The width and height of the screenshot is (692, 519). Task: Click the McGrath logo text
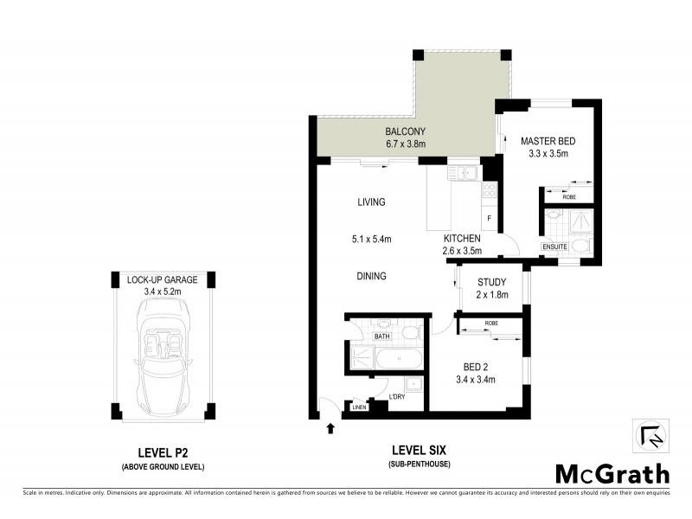click(x=612, y=473)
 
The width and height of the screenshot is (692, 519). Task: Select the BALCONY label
click(x=406, y=132)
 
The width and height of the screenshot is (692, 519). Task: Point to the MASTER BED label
click(x=548, y=141)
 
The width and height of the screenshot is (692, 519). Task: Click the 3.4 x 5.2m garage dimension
click(x=163, y=292)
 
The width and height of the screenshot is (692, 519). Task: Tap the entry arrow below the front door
click(x=329, y=426)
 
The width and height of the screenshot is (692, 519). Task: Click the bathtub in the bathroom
click(x=386, y=357)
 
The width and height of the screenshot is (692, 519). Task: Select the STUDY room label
click(x=490, y=281)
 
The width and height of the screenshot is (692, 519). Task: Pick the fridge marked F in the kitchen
click(x=490, y=218)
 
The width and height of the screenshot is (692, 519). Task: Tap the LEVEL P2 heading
click(x=163, y=452)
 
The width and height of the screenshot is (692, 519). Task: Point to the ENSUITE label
click(x=554, y=247)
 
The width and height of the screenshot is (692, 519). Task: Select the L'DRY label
click(x=398, y=396)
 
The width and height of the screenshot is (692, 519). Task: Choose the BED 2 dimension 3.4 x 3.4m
click(x=474, y=377)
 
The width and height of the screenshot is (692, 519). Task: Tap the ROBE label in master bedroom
click(x=569, y=197)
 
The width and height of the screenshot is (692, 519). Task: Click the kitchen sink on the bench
click(x=464, y=173)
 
